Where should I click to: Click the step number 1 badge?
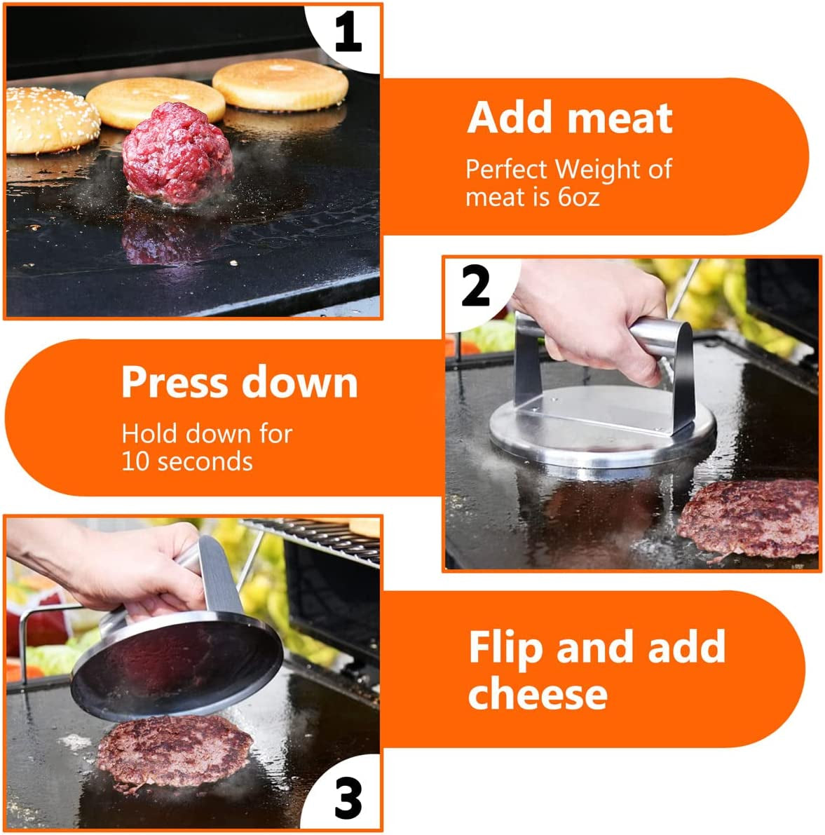click(x=348, y=33)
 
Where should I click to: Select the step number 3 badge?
click(x=348, y=799)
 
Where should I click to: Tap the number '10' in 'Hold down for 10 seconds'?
click(x=137, y=461)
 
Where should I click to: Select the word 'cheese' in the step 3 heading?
click(x=538, y=693)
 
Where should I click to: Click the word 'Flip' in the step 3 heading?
click(x=506, y=647)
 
